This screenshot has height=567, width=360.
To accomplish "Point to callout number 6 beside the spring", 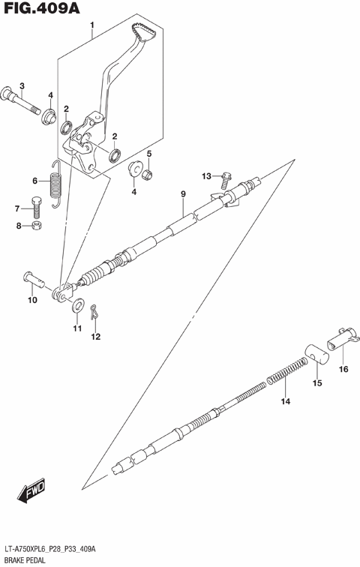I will point(34,181).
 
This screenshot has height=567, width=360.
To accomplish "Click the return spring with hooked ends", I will point(55,184).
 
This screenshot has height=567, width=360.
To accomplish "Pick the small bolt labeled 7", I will point(35,204).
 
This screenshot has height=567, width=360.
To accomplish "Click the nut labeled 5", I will point(148,175).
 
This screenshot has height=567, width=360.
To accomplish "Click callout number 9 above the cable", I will point(182,195).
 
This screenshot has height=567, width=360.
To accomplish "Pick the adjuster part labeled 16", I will point(341,336).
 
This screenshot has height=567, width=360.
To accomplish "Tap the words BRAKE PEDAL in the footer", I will point(25,559).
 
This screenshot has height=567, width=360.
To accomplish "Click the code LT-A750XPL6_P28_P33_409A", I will point(59,548).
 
